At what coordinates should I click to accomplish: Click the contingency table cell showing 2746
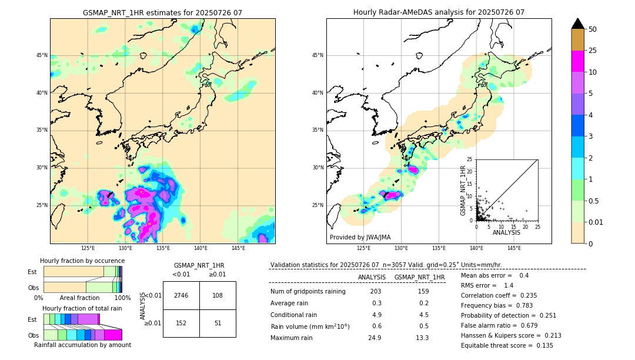181,295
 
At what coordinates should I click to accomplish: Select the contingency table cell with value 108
218,295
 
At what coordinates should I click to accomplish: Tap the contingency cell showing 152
181,322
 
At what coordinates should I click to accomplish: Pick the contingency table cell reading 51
218,322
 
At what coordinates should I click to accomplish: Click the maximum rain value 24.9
376,338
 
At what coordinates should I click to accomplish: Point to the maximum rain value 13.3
423,338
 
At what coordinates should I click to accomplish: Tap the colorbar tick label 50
593,29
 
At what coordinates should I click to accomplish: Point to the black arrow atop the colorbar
578,24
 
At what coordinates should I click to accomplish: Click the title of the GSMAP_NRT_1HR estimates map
162,12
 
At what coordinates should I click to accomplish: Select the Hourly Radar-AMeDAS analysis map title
439,12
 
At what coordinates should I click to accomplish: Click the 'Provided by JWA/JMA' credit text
360,237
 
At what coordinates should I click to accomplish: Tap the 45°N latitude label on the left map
42,55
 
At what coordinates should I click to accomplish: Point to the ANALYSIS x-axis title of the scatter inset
507,232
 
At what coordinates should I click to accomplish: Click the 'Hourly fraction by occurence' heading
82,261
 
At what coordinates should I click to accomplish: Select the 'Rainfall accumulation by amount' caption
83,345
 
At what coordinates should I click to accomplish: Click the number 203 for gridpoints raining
376,292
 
